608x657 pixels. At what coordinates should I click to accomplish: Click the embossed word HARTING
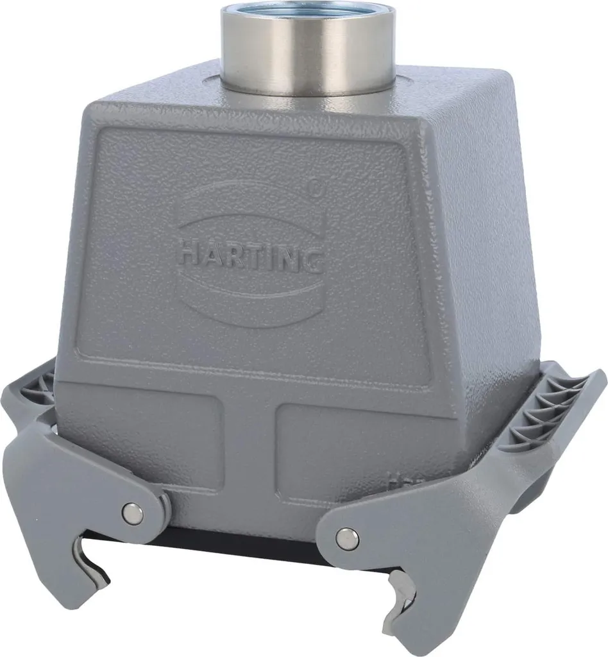point(250,255)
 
